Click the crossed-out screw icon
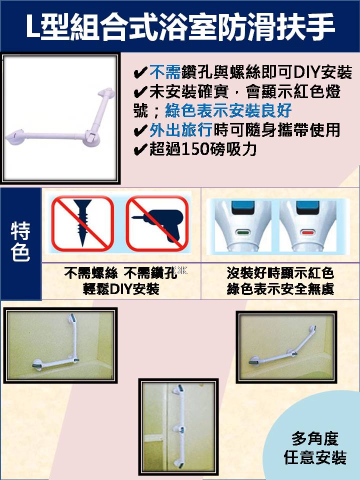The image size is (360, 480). (82, 223)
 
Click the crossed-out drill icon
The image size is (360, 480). (157, 223)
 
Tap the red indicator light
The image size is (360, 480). (307, 232)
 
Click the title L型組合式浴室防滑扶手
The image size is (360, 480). (180, 26)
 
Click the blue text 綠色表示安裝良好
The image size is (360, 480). (228, 110)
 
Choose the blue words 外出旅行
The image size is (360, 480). (181, 130)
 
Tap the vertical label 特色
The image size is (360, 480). (20, 242)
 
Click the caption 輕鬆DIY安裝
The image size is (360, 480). (121, 288)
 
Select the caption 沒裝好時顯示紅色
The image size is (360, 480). (280, 273)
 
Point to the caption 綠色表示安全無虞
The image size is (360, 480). (280, 288)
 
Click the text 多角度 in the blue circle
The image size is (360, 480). (315, 438)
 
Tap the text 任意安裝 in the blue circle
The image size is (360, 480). (315, 457)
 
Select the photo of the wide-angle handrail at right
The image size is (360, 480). (286, 347)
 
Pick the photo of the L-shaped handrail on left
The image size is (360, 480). (60, 345)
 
